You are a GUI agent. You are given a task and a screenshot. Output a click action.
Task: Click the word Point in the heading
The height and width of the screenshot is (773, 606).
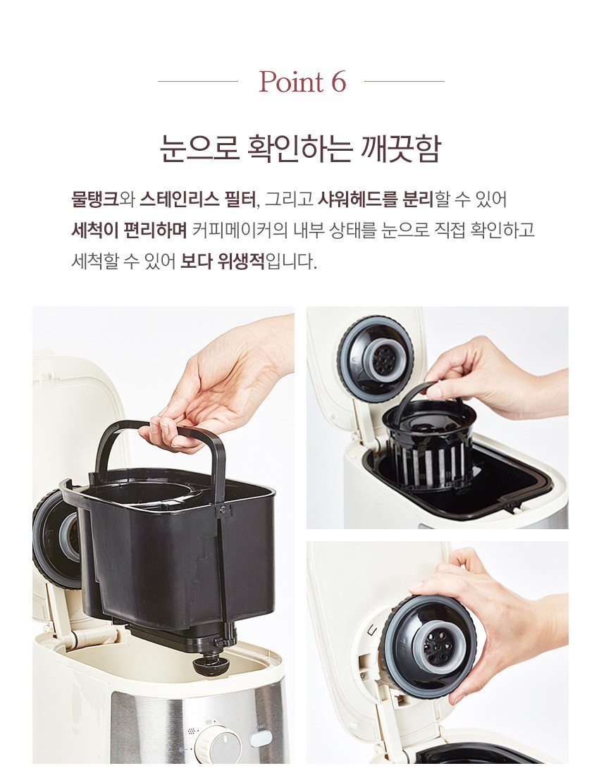pyautogui.click(x=291, y=82)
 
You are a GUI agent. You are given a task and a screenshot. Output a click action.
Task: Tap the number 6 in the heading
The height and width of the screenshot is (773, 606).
pyautogui.click(x=338, y=82)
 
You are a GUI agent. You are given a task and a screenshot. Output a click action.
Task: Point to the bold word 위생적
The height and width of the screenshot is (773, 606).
pyautogui.click(x=242, y=261)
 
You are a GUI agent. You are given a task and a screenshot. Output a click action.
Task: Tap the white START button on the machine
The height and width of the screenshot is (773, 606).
pyautogui.click(x=261, y=738)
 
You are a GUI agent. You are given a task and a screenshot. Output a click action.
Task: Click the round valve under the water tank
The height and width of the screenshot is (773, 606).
pyautogui.click(x=208, y=667)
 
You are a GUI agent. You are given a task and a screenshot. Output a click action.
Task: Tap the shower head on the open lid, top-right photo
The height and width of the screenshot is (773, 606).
pyautogui.click(x=375, y=358)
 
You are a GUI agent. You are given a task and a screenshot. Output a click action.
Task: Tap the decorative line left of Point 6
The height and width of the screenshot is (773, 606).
pyautogui.click(x=198, y=81)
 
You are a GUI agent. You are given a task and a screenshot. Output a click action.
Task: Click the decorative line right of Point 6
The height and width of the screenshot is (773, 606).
pyautogui.click(x=404, y=81)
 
